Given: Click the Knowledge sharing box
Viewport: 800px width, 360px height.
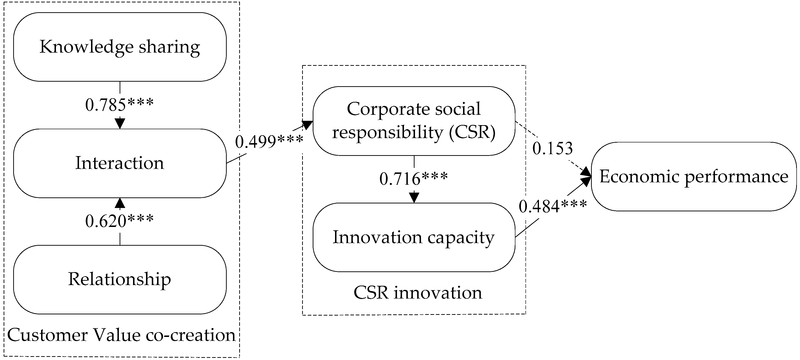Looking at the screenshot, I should pos(120,47).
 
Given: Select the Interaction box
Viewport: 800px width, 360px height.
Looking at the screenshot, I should pos(120,163).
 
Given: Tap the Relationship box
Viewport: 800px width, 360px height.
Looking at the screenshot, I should pos(120,279).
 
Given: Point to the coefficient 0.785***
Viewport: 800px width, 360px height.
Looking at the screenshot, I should pos(120,105).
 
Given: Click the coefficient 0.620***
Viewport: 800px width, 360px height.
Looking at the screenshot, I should pos(120,221).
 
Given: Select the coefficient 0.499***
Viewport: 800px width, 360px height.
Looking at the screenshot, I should pos(269,142).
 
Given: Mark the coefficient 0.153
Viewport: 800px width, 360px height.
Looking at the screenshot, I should pos(552,148).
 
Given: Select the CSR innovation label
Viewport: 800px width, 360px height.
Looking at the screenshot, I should pos(418,293).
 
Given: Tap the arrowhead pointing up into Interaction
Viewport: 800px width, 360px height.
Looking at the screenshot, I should pos(120,203).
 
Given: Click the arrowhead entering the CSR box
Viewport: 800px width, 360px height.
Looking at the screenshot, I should pos(307,125).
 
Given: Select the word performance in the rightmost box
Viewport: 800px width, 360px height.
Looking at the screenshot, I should pos(736,177).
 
